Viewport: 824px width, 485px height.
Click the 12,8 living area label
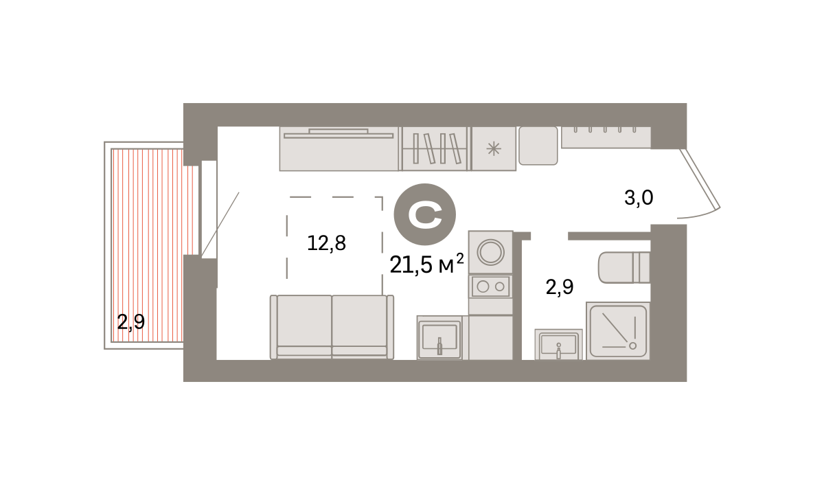click(x=326, y=243)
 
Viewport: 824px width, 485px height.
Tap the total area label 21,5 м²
click(x=426, y=264)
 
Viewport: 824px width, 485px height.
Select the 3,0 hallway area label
click(x=639, y=198)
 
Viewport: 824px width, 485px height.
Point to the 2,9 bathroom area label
click(x=560, y=287)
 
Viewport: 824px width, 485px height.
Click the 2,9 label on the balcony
click(x=131, y=322)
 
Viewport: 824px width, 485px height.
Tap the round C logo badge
click(x=425, y=214)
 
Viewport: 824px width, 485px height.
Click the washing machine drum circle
click(x=491, y=252)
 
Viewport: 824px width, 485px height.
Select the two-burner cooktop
click(x=491, y=286)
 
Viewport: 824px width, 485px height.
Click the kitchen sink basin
click(x=439, y=337)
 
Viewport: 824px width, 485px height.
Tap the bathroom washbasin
click(x=558, y=344)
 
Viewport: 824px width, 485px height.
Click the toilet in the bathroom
click(x=624, y=267)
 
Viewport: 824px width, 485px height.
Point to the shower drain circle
click(x=632, y=346)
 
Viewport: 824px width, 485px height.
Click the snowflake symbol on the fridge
click(x=494, y=149)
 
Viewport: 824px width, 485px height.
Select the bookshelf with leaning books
click(x=435, y=148)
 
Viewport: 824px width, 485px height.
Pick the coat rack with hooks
click(x=606, y=137)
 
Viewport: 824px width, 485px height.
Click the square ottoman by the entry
click(x=538, y=146)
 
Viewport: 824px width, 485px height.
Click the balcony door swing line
click(x=220, y=224)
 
